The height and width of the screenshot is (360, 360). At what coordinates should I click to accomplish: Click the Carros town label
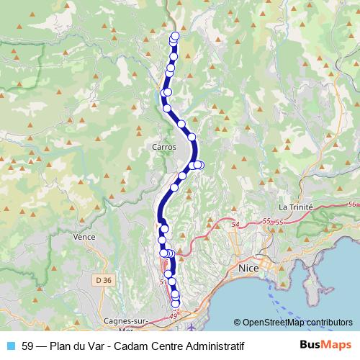click(164, 146)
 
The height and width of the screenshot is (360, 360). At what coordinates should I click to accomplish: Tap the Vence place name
click(85, 235)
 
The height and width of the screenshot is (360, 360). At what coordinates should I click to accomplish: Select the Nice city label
click(248, 269)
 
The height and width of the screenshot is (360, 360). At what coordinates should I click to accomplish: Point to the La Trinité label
click(296, 207)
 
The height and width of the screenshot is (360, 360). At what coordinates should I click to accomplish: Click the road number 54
click(235, 225)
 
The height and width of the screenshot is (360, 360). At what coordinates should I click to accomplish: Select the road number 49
click(172, 315)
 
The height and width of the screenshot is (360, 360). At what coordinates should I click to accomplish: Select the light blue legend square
click(11, 346)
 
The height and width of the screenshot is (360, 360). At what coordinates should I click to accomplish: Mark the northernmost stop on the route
click(174, 36)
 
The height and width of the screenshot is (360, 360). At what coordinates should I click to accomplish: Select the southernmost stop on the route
click(175, 305)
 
